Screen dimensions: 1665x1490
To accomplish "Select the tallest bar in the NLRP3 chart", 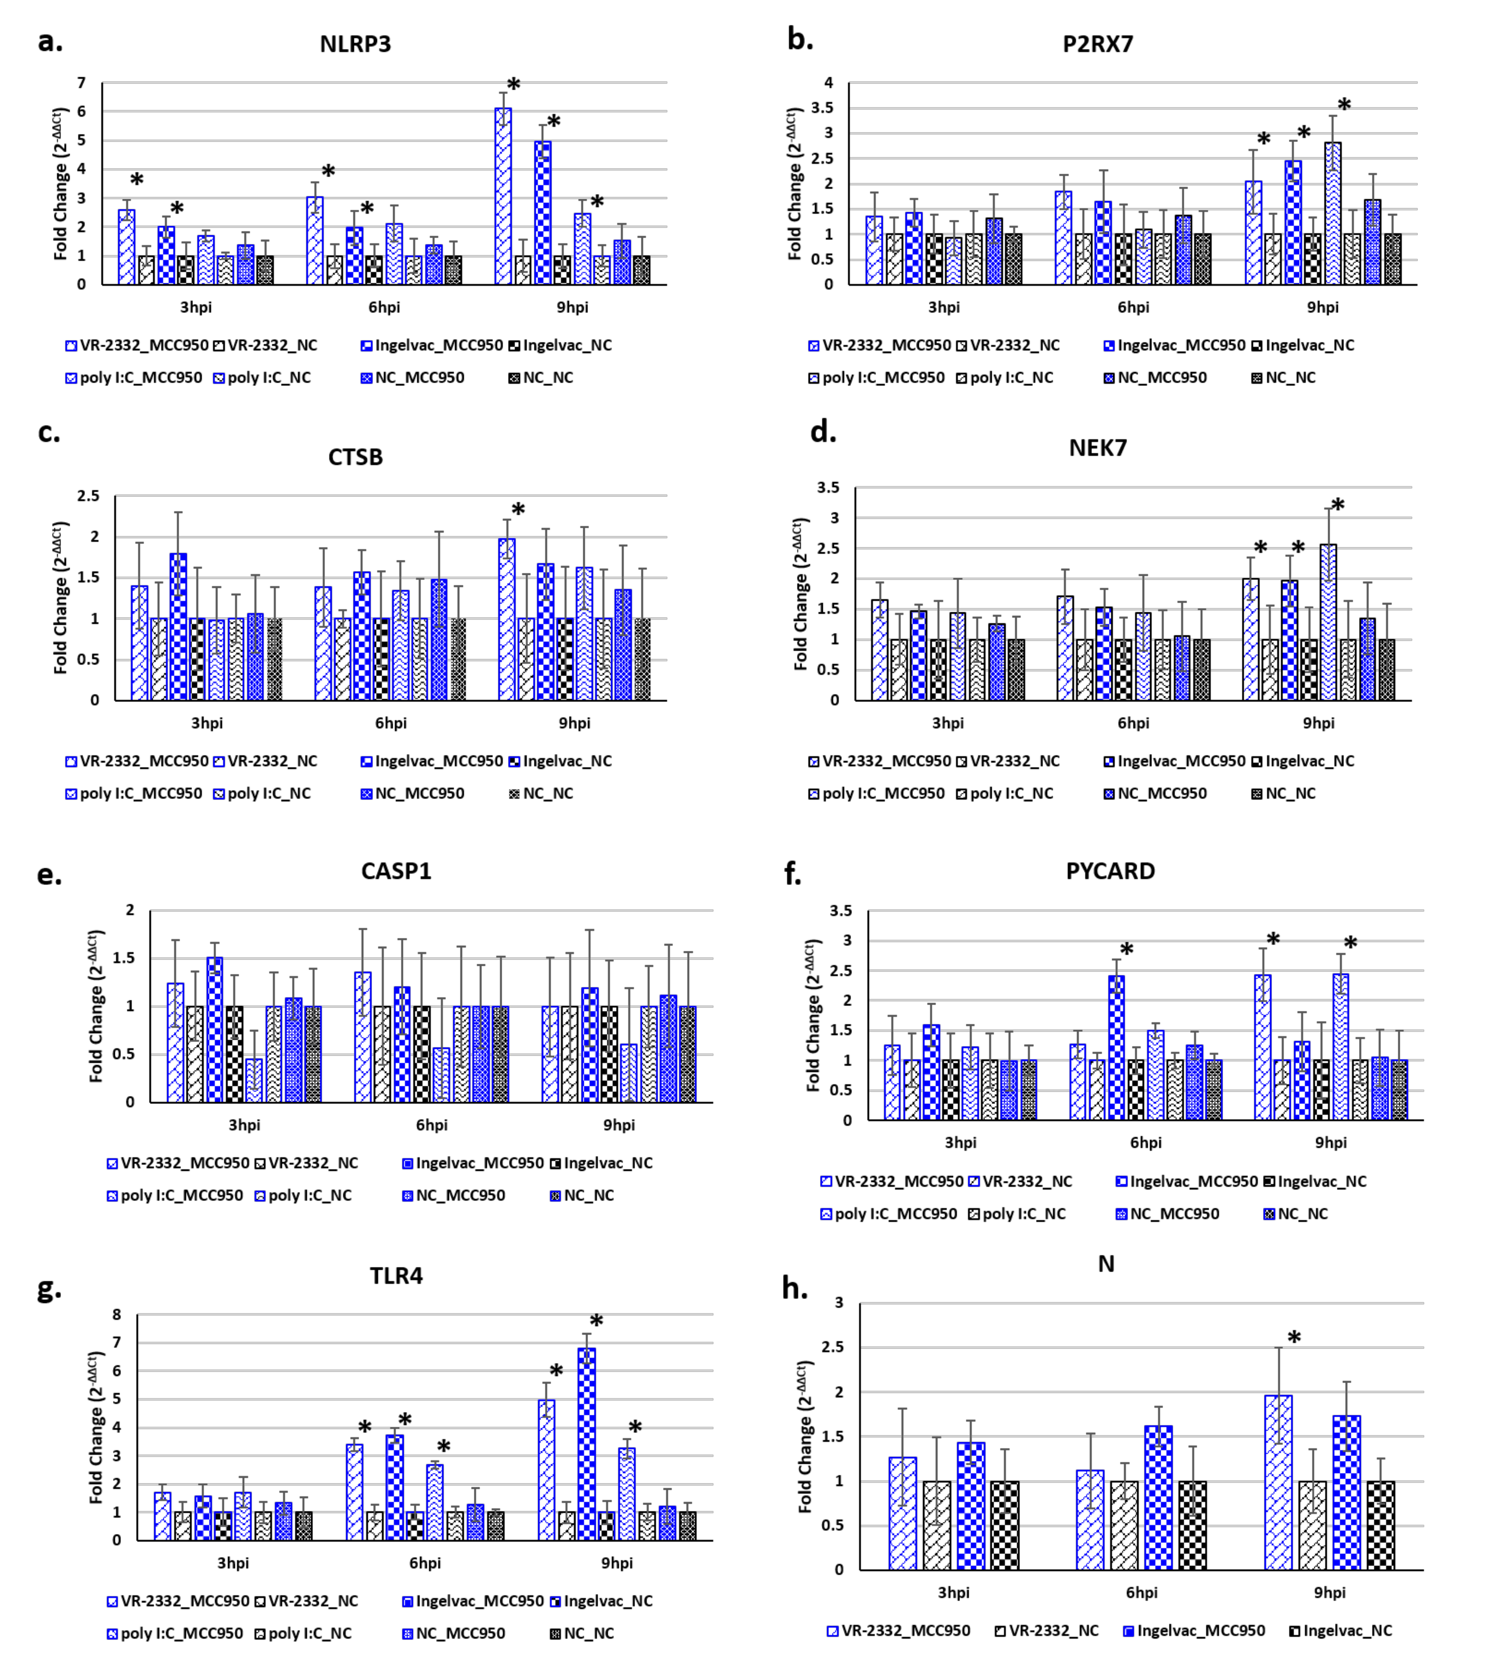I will pos(503,196).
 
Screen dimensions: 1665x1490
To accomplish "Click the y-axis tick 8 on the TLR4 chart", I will pos(117,1314).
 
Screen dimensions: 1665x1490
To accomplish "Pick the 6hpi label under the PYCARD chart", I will pos(1145,1143).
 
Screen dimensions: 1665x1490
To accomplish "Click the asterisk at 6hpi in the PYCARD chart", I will pos(1127,950).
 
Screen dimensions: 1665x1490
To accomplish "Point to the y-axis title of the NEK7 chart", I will pos(801,594).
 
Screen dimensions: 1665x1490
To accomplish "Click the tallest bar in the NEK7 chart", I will pos(1328,622).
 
